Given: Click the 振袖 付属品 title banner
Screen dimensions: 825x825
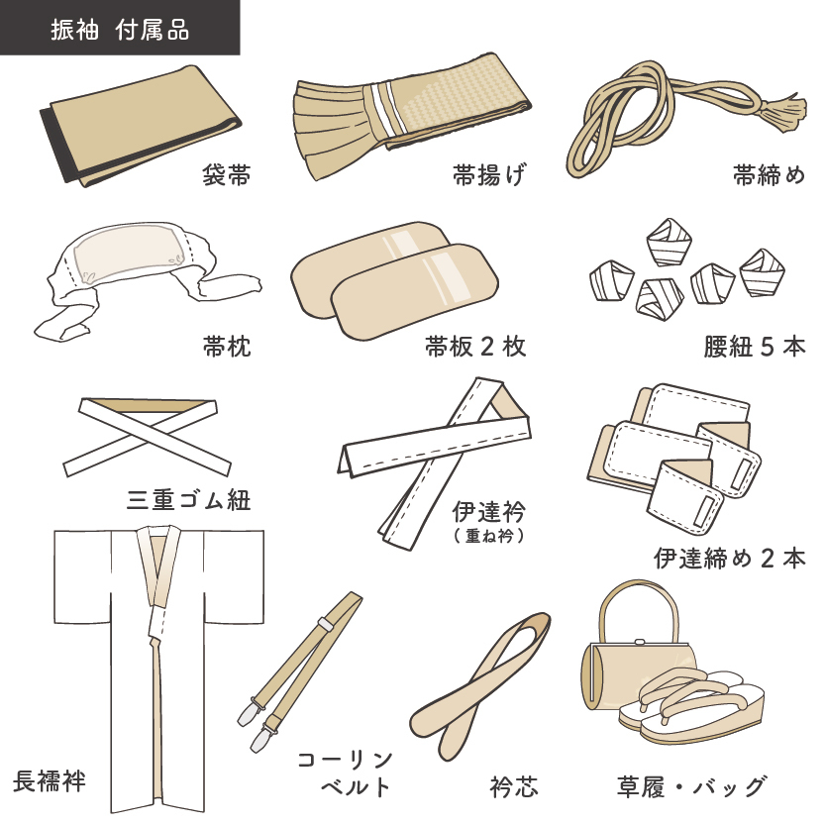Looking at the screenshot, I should (119, 28).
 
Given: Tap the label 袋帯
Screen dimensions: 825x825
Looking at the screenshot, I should (225, 176).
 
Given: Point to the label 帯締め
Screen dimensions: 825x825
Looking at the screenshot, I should (769, 176).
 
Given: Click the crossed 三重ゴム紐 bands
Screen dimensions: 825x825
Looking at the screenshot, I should (146, 433).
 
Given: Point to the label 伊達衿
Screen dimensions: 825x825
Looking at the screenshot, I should (488, 512).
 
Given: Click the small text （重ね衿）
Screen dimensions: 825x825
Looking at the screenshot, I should (488, 536).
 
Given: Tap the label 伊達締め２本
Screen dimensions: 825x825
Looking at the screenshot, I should (729, 558).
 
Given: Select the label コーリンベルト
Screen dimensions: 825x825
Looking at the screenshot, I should (345, 773).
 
